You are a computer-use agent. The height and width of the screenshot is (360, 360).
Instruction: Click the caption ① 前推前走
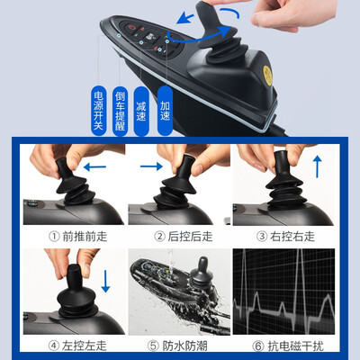tap(71, 236)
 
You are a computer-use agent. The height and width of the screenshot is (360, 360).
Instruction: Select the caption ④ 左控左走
tap(71, 344)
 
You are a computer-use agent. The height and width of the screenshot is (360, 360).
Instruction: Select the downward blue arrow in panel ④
tap(104, 279)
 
